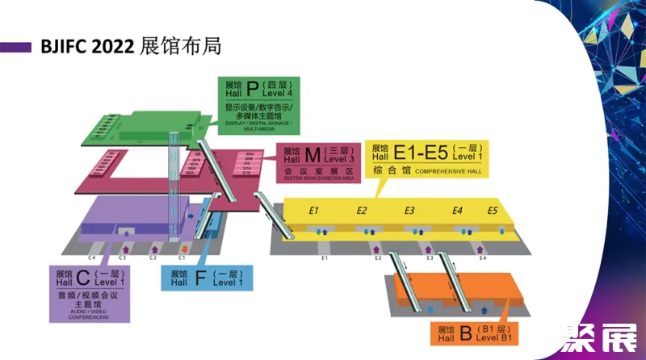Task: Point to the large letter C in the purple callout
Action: click(x=83, y=278)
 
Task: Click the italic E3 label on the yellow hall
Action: click(x=409, y=211)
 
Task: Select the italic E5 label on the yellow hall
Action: click(x=493, y=211)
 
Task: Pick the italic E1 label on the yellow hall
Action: click(x=315, y=211)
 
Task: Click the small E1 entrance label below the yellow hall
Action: click(x=324, y=258)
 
